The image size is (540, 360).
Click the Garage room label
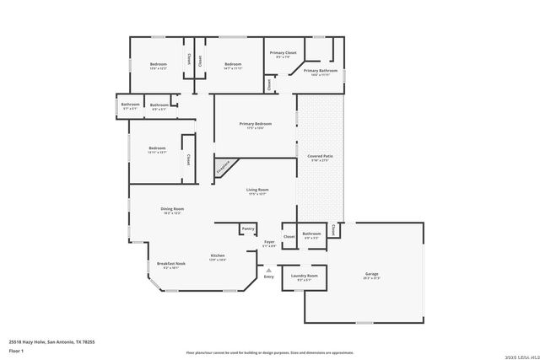371,275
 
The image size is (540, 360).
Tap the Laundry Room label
305,276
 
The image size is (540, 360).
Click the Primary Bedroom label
255,124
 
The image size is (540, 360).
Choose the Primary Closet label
283,53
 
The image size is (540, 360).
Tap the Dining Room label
172,209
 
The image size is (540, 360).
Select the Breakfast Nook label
170,264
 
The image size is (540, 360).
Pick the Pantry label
247,228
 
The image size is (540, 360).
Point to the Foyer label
269,242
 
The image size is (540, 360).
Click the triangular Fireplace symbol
223,168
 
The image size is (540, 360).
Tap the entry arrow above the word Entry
269,270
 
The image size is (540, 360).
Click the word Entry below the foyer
269,277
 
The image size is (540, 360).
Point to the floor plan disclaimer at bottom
269,352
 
